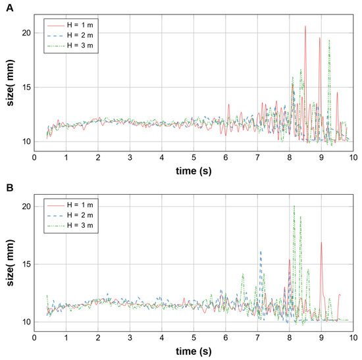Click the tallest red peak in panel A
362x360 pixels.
305,27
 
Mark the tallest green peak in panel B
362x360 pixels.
294,207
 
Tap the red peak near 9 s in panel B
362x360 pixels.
321,243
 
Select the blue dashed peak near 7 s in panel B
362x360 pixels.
261,251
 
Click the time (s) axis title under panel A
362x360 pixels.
193,170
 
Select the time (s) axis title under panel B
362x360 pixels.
193,349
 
